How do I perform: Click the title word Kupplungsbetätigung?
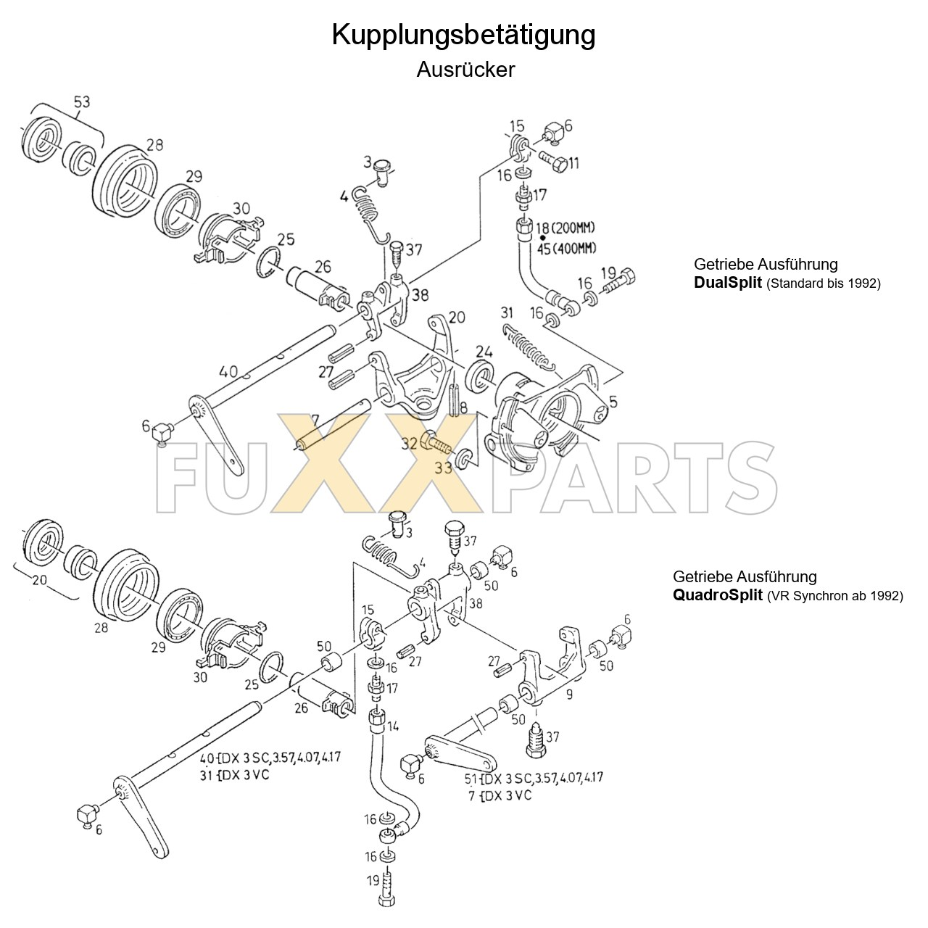[463, 35]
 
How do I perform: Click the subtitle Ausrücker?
[465, 70]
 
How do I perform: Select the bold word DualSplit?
[727, 283]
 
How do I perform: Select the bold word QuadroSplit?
[716, 596]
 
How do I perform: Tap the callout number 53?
[81, 102]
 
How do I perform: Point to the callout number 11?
[573, 163]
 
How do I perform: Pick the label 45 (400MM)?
[566, 249]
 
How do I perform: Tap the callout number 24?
[484, 352]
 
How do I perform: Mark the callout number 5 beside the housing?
[613, 401]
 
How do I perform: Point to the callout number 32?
[409, 443]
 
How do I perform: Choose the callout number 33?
[443, 468]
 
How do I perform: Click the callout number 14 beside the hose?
[393, 726]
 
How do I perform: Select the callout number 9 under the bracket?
[569, 695]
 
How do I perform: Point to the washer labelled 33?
[463, 458]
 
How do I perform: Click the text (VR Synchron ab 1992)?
[834, 597]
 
